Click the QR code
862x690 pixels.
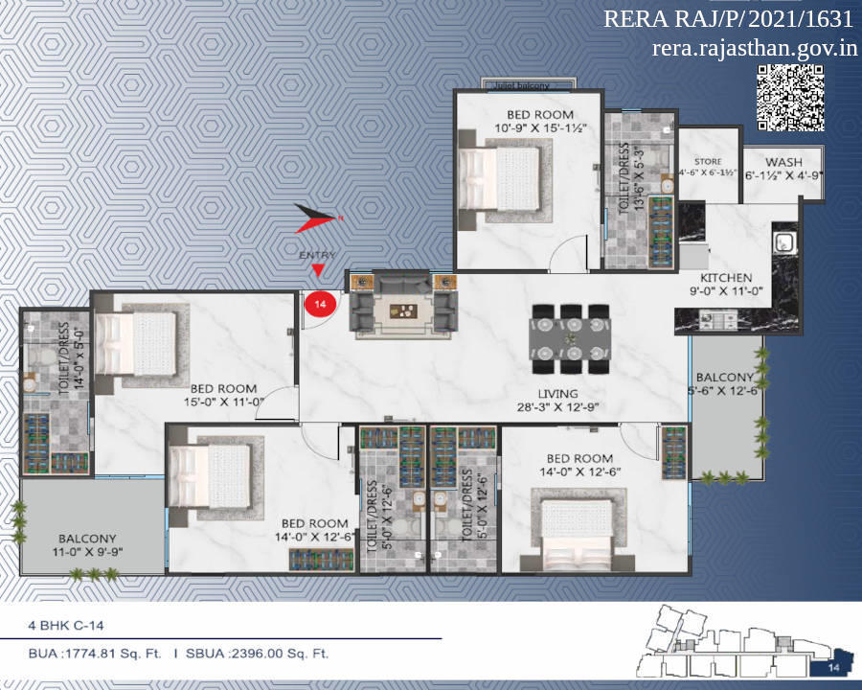(791, 97)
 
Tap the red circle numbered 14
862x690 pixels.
(318, 304)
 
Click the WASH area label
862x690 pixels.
(784, 163)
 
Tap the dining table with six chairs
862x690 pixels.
(569, 338)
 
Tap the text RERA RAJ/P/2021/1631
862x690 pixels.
(728, 20)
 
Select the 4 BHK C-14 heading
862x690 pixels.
(66, 625)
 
